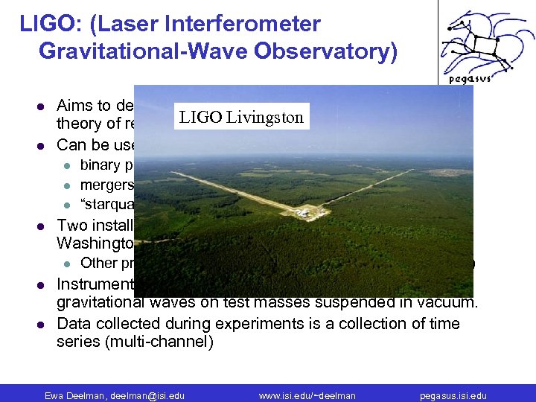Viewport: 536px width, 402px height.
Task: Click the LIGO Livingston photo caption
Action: (x=240, y=117)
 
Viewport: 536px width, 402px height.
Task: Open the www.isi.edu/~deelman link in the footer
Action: (x=307, y=395)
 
